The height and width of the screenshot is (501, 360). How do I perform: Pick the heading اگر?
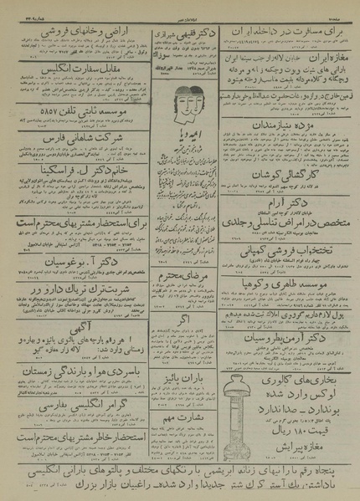(x=179, y=319)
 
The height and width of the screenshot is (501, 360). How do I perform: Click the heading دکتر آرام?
(x=286, y=203)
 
